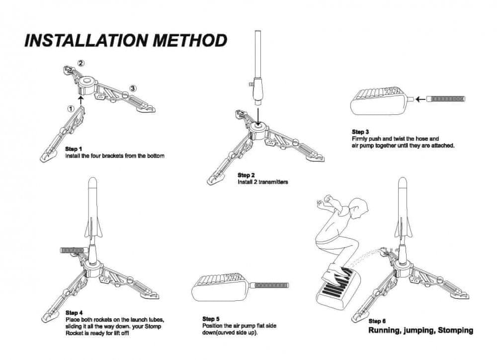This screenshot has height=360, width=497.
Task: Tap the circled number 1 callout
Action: (x=71, y=107)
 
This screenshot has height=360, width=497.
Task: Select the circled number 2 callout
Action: (x=82, y=63)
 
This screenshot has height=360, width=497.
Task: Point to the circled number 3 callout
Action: (x=133, y=89)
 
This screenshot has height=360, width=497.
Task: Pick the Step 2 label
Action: (x=246, y=176)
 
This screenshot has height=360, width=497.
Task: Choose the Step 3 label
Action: (x=360, y=132)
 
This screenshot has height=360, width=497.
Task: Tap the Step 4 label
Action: (x=74, y=313)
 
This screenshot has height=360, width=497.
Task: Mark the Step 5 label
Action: (x=211, y=319)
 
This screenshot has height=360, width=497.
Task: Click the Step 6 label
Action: (x=377, y=321)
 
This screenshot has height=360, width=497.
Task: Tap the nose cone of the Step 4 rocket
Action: (x=92, y=184)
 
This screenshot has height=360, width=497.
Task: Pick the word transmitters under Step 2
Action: (x=273, y=182)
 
